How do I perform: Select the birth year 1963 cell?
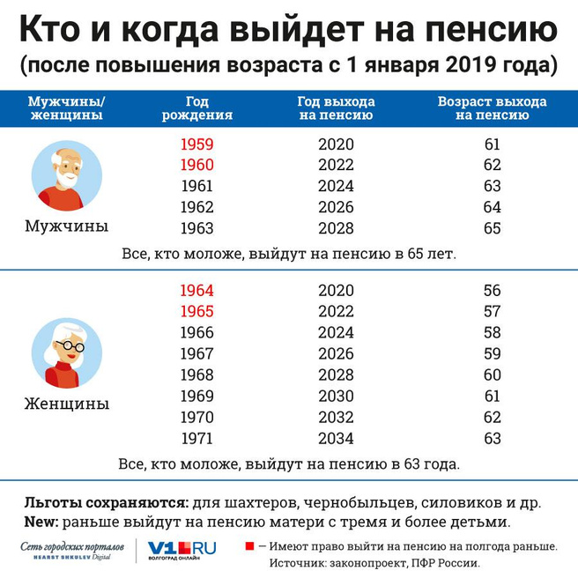click(196, 229)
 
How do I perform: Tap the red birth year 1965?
click(196, 312)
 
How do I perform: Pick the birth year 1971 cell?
click(196, 439)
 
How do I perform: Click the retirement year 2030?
click(336, 396)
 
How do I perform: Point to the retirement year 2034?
click(336, 439)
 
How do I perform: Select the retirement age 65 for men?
click(493, 229)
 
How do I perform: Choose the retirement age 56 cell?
click(493, 291)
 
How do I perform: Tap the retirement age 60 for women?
click(493, 375)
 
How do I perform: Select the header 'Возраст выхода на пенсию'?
click(493, 107)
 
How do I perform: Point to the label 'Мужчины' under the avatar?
click(67, 226)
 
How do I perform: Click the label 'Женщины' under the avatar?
click(67, 404)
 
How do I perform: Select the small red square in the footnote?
click(249, 546)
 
